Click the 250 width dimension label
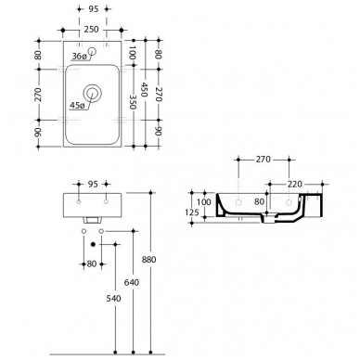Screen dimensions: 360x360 (91, 30)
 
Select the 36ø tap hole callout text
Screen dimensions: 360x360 (79, 57)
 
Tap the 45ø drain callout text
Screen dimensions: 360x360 (77, 106)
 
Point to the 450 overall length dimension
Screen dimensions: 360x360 (144, 89)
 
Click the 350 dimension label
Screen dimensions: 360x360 (133, 102)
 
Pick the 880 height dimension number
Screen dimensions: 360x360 (148, 260)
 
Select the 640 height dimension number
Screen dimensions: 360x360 (132, 282)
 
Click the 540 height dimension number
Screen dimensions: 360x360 (113, 299)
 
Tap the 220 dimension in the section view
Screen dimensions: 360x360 (295, 185)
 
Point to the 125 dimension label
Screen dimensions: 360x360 (192, 212)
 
